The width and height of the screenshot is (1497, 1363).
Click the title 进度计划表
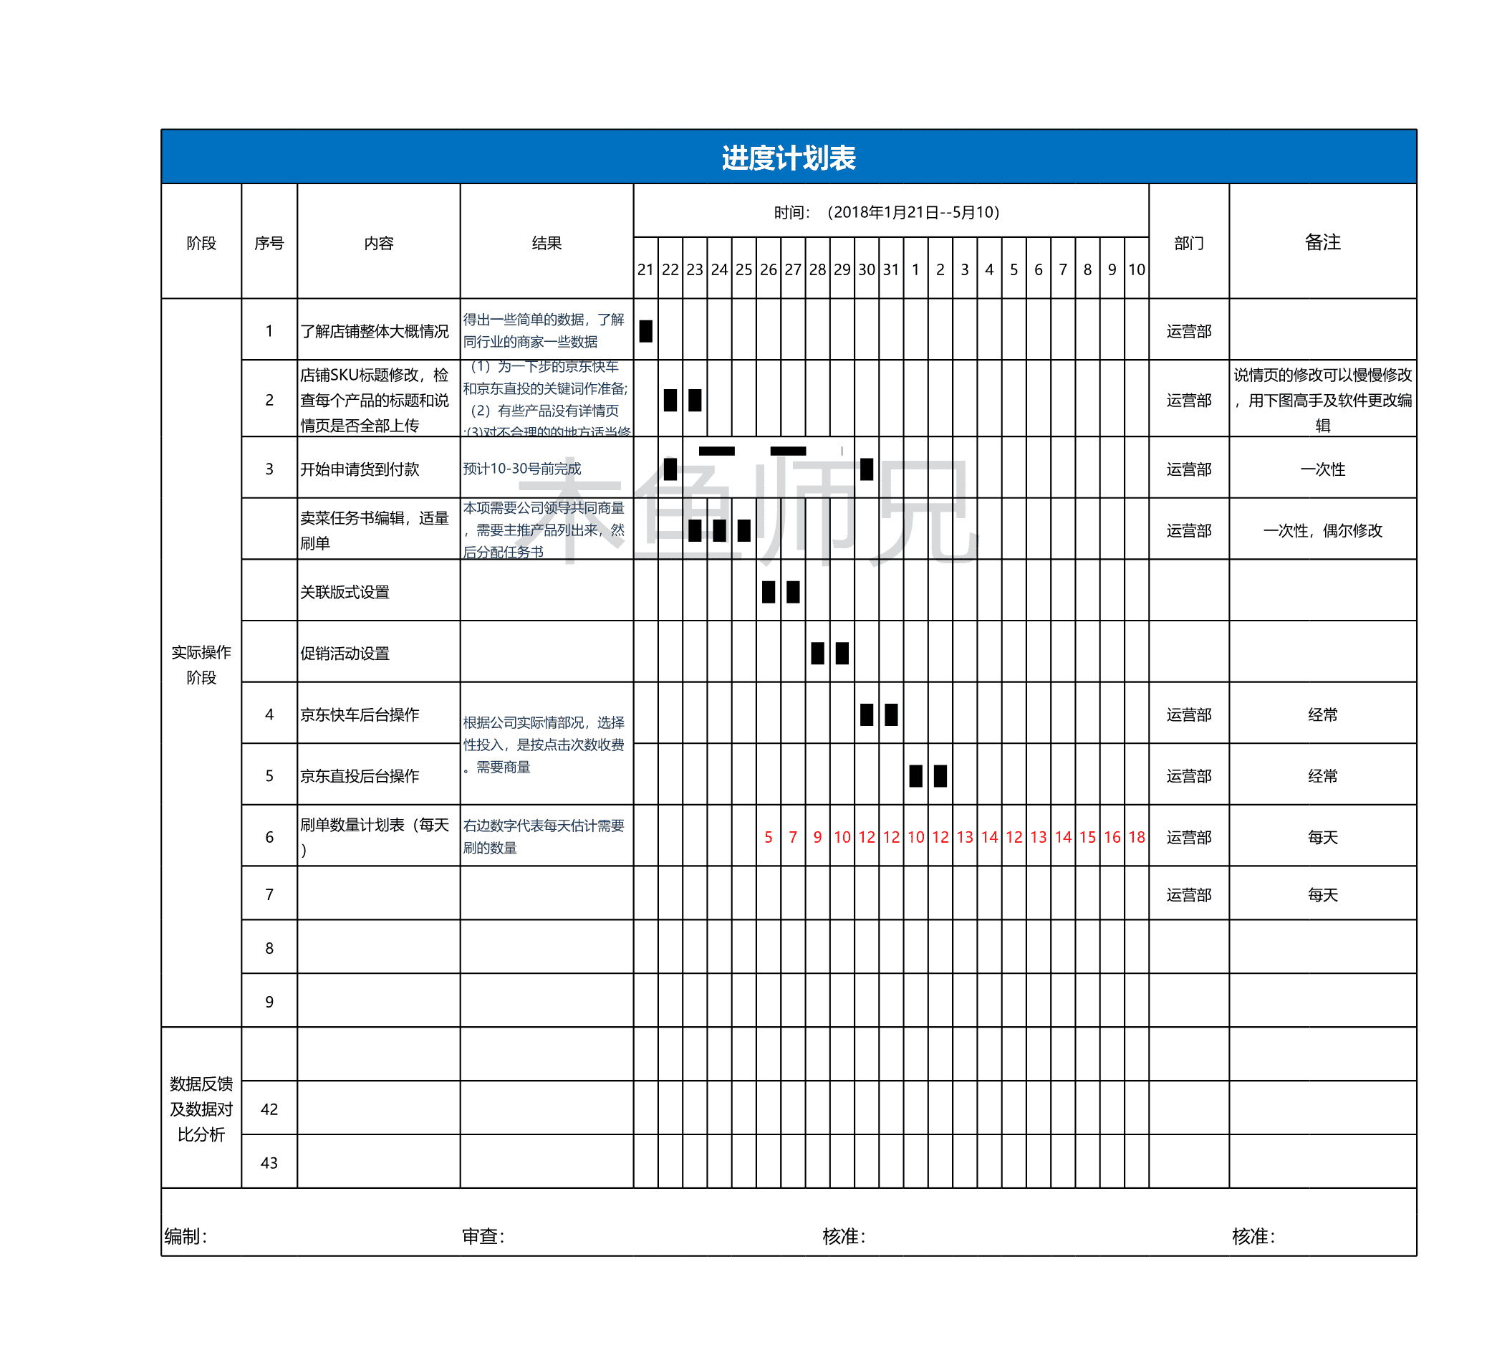point(789,158)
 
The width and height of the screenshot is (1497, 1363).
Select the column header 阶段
point(201,243)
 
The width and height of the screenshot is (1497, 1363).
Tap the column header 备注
point(1322,242)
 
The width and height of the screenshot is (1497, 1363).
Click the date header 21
point(645,269)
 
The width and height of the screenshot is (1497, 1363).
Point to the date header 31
point(891,269)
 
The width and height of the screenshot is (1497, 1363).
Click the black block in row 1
point(646,331)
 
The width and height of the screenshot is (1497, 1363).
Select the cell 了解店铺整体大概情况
point(374,331)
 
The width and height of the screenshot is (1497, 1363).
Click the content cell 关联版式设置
point(345,592)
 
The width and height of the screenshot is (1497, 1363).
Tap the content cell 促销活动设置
point(345,654)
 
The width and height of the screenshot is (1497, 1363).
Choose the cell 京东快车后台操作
point(360,714)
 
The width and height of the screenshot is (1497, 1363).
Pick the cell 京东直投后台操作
point(360,776)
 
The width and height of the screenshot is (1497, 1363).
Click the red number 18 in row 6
point(1136,837)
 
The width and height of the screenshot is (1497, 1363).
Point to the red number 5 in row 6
point(769,837)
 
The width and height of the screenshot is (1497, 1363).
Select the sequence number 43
point(269,1162)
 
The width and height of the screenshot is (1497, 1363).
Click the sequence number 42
point(269,1109)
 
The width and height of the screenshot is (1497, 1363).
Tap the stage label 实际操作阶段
point(201,665)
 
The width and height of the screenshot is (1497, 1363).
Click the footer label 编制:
point(186,1236)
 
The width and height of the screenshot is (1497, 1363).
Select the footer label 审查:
point(483,1236)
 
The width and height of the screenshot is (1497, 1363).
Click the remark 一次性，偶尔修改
point(1322,530)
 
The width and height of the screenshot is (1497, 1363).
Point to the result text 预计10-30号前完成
point(522,469)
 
